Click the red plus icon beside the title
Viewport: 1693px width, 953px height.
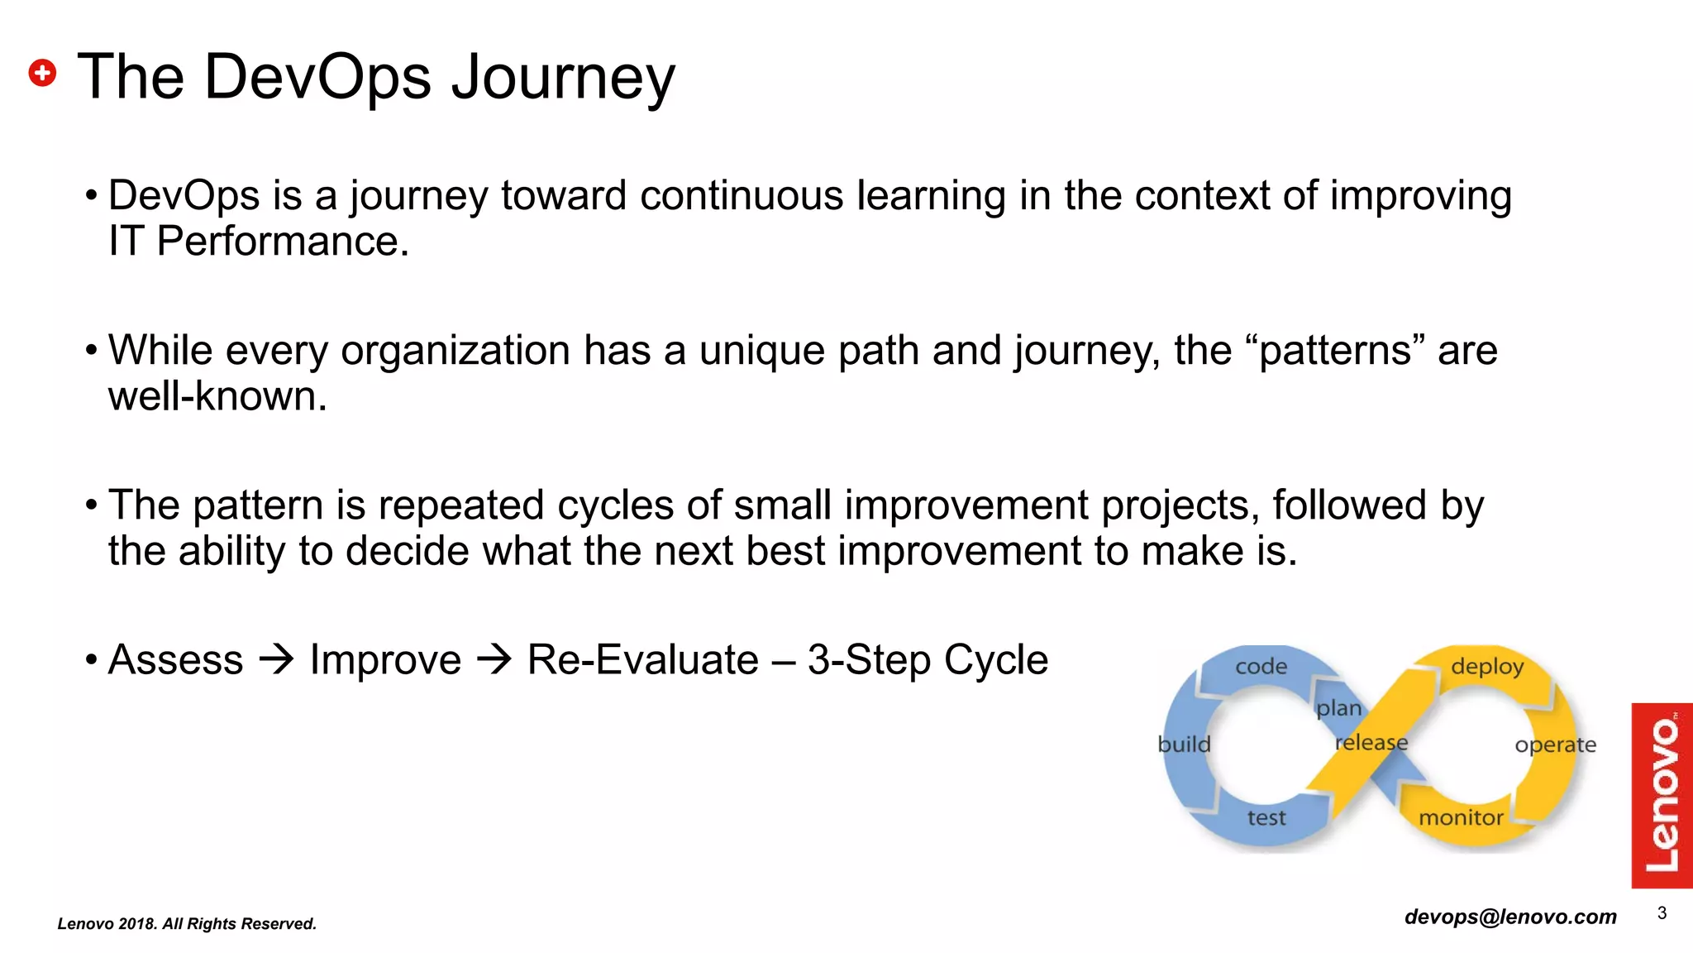coord(42,73)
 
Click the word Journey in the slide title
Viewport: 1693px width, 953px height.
coord(563,78)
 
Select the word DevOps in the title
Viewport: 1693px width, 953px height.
coord(317,78)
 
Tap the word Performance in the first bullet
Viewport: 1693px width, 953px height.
coord(282,242)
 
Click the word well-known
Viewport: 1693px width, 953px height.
coord(217,396)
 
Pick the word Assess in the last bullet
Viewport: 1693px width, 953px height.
coord(176,660)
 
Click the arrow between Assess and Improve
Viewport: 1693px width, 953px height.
coord(276,660)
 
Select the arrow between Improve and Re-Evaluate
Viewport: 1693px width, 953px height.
coord(494,660)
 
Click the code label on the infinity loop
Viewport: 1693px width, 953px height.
coord(1261,667)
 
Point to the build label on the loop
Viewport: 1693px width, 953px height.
coord(1184,745)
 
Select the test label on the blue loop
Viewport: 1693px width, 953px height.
coord(1266,818)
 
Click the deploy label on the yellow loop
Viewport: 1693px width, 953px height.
coord(1487,667)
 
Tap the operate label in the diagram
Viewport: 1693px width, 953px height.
coord(1555,745)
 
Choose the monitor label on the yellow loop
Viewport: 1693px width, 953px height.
coord(1461,818)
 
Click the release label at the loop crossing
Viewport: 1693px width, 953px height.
coord(1371,743)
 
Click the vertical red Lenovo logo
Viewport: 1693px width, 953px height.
coord(1662,795)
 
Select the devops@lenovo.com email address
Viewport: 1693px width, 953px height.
coord(1510,917)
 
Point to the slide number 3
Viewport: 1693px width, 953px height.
coord(1662,913)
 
